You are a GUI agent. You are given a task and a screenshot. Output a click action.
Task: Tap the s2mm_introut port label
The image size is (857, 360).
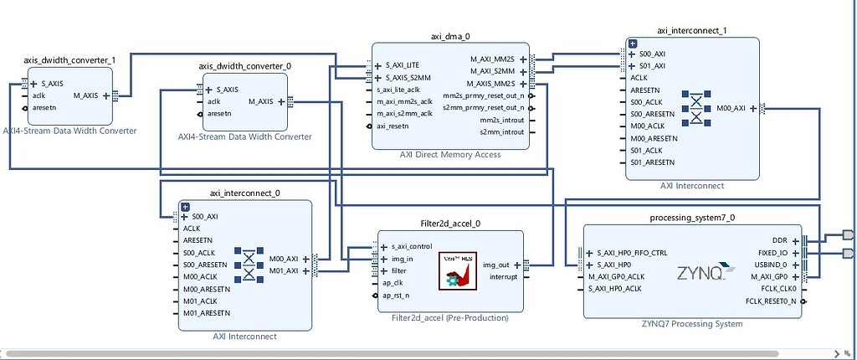tap(501, 132)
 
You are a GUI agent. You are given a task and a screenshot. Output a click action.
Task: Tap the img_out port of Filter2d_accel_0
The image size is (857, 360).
tap(495, 265)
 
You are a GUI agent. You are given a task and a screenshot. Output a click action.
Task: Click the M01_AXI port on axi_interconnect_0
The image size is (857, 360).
tap(285, 270)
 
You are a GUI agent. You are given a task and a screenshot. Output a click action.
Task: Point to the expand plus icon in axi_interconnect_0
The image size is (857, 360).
tap(186, 207)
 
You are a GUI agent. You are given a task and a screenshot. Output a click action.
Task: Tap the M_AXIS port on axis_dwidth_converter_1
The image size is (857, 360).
tap(90, 95)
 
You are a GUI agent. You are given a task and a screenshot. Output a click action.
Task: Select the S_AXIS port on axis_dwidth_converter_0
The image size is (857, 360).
tap(227, 90)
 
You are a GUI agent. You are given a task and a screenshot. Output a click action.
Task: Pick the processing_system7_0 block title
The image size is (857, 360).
tap(691, 218)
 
